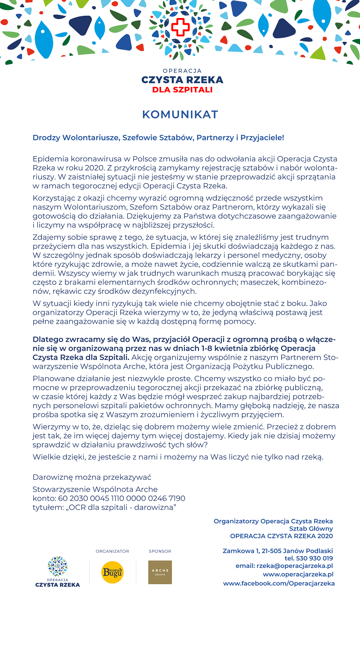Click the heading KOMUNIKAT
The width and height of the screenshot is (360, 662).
pyautogui.click(x=180, y=115)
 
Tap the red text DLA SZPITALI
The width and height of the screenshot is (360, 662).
pyautogui.click(x=182, y=90)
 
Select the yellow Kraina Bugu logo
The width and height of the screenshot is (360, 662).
pyautogui.click(x=112, y=572)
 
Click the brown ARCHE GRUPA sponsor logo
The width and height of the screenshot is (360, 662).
pyautogui.click(x=160, y=572)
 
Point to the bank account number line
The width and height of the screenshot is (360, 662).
pyautogui.click(x=109, y=498)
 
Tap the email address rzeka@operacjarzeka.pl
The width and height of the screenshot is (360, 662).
pyautogui.click(x=284, y=566)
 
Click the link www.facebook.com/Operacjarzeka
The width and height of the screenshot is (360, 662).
pyautogui.click(x=279, y=583)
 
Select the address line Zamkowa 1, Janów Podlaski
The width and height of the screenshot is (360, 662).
pyautogui.click(x=278, y=551)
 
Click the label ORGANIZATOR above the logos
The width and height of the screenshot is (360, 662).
pyautogui.click(x=112, y=551)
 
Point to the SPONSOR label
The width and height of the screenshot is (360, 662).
pyautogui.click(x=160, y=551)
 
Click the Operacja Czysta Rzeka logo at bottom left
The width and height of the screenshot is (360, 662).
pyautogui.click(x=58, y=571)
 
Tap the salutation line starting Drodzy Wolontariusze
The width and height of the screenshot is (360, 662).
pyautogui.click(x=158, y=137)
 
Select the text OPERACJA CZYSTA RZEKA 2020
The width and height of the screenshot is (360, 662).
pyautogui.click(x=281, y=536)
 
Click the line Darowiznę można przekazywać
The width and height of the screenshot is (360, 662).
pyautogui.click(x=92, y=477)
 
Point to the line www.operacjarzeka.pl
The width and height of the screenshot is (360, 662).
pyautogui.click(x=298, y=574)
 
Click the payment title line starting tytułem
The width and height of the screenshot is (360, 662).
pyautogui.click(x=104, y=507)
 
